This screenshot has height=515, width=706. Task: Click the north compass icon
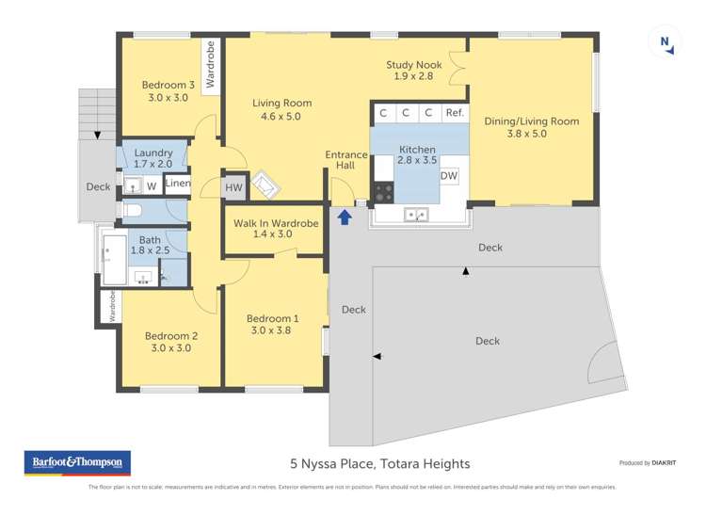[x=666, y=41]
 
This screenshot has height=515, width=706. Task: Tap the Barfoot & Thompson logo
[x=77, y=462]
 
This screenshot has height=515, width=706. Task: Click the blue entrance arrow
[x=345, y=217]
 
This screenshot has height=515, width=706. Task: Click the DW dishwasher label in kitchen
[x=449, y=176]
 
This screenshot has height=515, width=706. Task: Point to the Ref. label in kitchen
[x=455, y=113]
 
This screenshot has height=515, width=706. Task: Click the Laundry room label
[x=152, y=153]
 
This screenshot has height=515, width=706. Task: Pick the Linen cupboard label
[x=178, y=184]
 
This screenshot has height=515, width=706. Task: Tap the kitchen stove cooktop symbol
[x=384, y=191]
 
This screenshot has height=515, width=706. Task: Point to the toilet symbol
[x=131, y=211]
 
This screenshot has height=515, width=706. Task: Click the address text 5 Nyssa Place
[x=379, y=463]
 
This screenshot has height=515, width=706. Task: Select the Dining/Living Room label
[x=531, y=121]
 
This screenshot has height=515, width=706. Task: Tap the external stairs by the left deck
[x=96, y=112]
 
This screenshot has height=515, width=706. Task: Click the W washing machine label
[x=151, y=185]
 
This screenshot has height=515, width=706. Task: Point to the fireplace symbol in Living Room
[x=265, y=185]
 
